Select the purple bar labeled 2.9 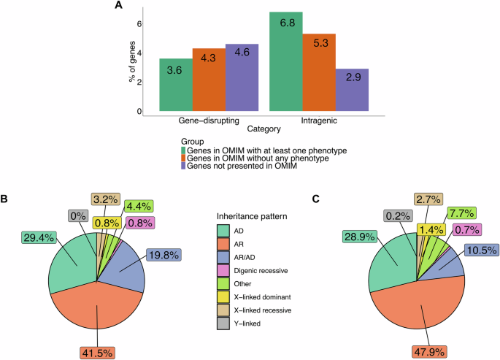tap(352, 91)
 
